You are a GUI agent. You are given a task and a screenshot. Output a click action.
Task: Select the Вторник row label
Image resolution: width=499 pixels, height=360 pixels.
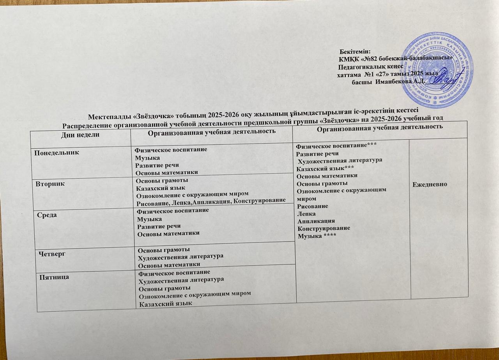pos(49,182)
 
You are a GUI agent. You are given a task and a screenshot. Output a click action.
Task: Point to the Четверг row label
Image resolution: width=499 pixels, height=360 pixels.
pos(52,254)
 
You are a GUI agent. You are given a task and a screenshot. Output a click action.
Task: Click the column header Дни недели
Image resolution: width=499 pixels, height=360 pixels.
pos(79,134)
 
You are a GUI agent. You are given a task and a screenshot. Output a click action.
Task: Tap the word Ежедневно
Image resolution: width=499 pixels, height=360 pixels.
pos(433,184)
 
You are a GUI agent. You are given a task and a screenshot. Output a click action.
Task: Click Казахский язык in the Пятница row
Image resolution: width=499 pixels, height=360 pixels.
pos(166,304)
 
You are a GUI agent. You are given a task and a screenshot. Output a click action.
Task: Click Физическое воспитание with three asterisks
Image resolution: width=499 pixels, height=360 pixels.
pos(336,146)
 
